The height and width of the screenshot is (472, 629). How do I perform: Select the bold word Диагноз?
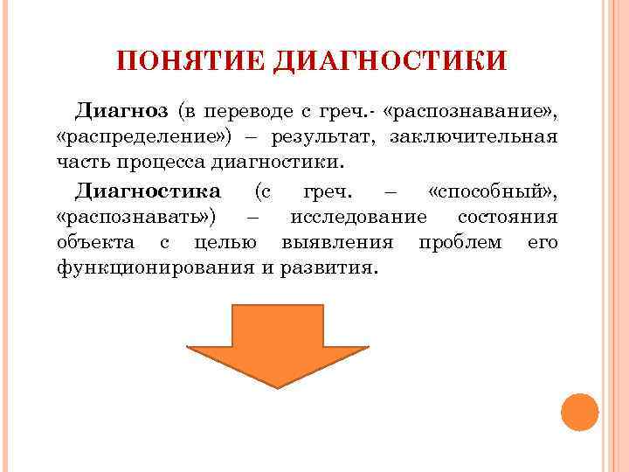click(x=121, y=112)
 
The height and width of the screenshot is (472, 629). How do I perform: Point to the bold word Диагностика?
click(x=148, y=191)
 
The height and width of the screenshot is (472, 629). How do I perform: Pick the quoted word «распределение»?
click(x=138, y=138)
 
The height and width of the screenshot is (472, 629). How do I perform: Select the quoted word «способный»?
click(x=493, y=191)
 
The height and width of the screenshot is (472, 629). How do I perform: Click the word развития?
click(x=328, y=267)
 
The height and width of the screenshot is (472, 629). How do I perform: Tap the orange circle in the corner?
click(x=578, y=411)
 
